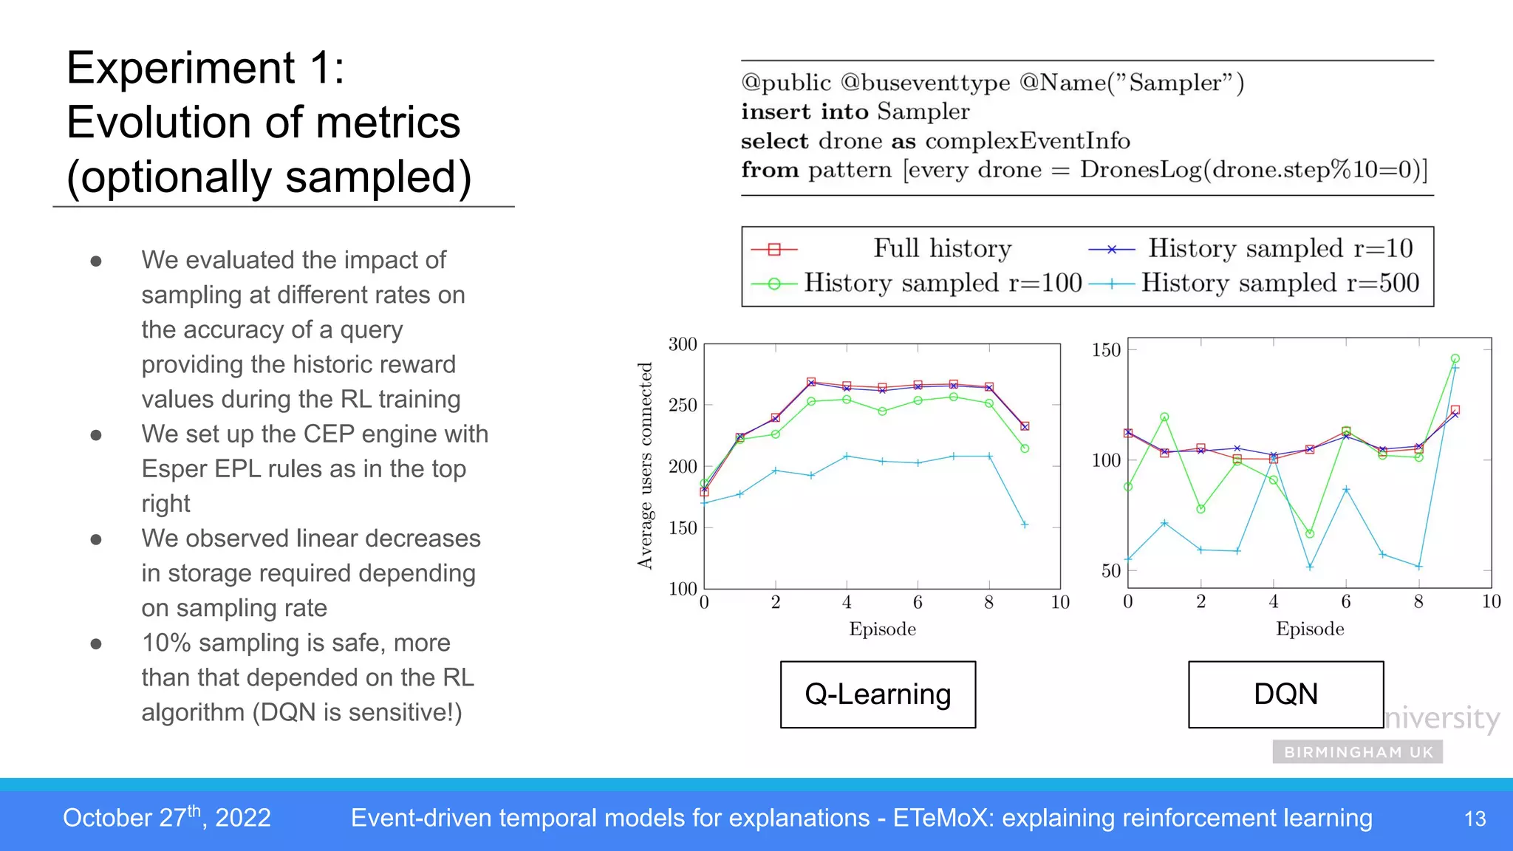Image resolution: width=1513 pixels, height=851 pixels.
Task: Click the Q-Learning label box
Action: coord(878,694)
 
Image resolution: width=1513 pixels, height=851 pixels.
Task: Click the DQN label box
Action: coord(1285,694)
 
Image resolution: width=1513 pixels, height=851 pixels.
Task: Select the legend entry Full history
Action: coord(942,248)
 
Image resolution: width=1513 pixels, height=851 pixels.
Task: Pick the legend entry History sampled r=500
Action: coord(1280,283)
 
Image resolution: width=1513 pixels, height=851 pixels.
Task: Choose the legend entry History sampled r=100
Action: coord(943,283)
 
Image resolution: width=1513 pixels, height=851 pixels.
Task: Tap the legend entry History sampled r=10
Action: coord(1280,248)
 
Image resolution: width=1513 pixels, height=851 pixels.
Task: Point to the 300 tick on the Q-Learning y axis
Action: coord(683,344)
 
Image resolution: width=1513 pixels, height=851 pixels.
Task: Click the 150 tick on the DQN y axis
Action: coord(1106,350)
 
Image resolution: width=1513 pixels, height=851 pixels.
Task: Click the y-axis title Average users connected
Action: coord(645,465)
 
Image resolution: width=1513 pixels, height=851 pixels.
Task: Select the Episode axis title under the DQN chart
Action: coord(1310,629)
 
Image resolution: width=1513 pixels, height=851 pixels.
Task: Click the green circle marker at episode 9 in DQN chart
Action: coord(1455,359)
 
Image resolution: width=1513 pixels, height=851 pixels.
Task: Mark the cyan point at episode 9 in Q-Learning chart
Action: coord(1025,524)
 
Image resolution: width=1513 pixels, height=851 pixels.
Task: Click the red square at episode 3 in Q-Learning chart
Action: coord(811,382)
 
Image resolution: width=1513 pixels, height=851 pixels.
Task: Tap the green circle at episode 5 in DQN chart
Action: coord(1310,533)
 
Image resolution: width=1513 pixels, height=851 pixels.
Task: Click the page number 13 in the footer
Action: coord(1475,818)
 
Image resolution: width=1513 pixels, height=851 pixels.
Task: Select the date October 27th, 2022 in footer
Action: coord(167,818)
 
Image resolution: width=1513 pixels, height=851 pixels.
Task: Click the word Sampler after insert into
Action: coord(923,112)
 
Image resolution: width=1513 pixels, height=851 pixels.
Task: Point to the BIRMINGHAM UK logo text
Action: coord(1358,752)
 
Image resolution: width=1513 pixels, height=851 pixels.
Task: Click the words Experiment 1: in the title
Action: coord(205,68)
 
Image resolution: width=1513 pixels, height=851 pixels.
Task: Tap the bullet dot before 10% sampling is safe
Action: coord(96,643)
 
